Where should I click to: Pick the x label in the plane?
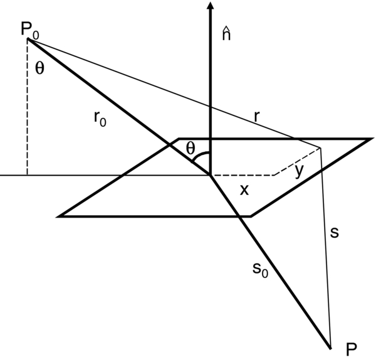[244, 189]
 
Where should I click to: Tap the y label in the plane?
[297, 169]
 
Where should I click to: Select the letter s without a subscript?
[334, 233]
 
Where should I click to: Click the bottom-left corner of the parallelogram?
[60, 216]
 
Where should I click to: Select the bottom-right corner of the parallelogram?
[251, 216]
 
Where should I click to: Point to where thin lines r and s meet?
[320, 148]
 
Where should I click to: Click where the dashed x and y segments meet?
[274, 175]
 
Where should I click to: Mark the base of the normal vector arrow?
[210, 175]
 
